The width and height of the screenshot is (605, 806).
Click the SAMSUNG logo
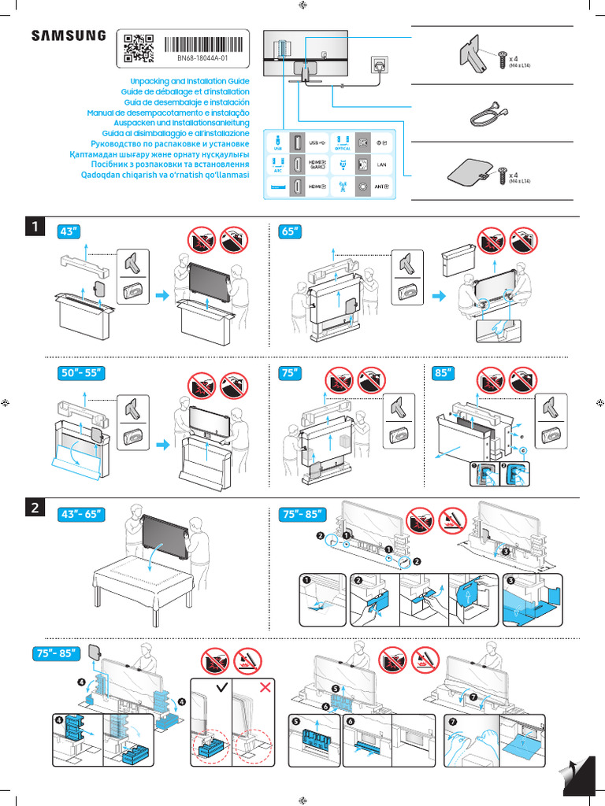[x=68, y=36]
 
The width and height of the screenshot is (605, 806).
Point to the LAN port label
[x=381, y=165]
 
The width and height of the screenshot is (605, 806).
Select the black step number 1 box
[x=35, y=227]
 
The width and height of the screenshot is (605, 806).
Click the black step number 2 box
[x=35, y=508]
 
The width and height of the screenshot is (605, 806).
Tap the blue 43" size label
[x=69, y=233]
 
